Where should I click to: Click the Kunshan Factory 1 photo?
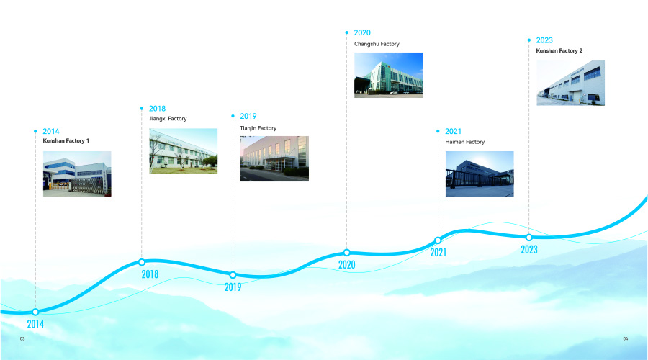(x=77, y=174)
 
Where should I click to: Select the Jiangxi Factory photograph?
(x=184, y=151)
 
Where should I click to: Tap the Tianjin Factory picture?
(x=274, y=158)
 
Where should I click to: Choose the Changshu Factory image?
(x=389, y=75)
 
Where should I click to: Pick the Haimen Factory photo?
(x=480, y=174)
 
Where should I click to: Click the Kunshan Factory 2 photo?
(x=571, y=83)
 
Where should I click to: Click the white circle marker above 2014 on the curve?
(x=35, y=312)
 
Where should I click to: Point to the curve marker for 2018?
(x=142, y=262)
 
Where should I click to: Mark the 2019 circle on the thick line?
(x=233, y=275)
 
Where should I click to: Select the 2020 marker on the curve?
(x=347, y=253)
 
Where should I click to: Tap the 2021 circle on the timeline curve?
(x=438, y=240)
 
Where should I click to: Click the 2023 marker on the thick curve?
(x=529, y=238)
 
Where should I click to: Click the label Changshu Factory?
(x=377, y=44)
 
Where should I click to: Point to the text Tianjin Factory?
(x=258, y=128)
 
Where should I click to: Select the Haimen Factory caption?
(x=465, y=142)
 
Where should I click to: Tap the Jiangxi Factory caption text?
(x=168, y=119)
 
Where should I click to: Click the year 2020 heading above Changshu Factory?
(x=362, y=32)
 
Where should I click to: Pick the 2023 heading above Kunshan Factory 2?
(x=544, y=40)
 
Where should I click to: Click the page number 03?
(x=22, y=338)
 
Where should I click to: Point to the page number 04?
(x=625, y=338)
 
